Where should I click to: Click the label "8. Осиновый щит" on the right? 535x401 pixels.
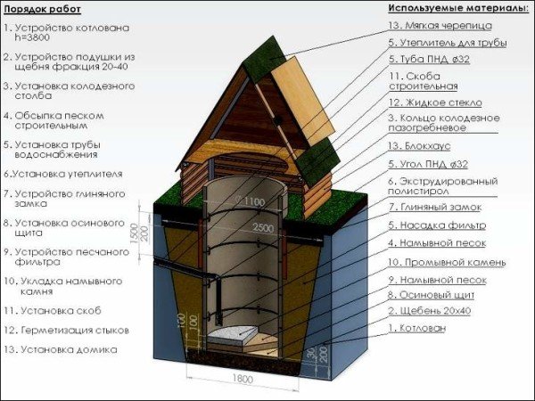pyautogui.click(x=431, y=294)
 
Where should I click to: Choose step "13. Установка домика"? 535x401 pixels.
pyautogui.click(x=62, y=349)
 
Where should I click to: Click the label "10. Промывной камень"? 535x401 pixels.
pyautogui.click(x=447, y=263)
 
